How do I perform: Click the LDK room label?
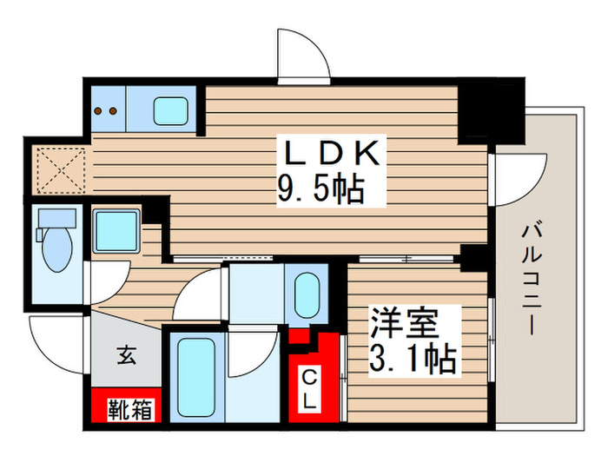click(328, 155)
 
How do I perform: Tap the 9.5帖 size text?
click(321, 188)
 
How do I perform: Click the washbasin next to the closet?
click(307, 295)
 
